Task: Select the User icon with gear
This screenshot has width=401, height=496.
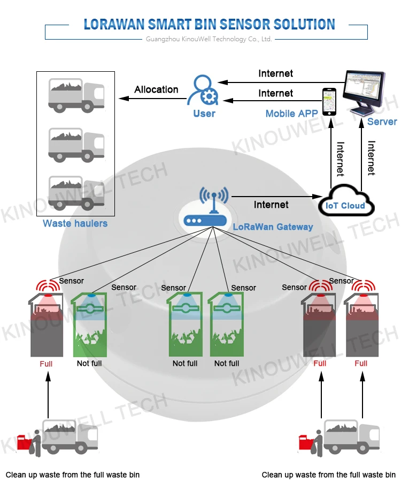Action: point(203,90)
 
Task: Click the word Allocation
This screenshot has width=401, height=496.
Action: point(156,89)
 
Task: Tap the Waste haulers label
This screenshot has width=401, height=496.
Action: point(75,223)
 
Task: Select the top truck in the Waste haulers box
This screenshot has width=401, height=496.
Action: point(76,94)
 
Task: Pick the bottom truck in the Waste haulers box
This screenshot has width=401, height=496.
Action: point(76,192)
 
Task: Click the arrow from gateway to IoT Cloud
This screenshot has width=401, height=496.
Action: point(278,196)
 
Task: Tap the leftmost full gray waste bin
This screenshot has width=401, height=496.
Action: point(47,327)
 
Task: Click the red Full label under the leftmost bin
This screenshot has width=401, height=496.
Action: point(46,364)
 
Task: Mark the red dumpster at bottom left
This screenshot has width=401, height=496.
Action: point(24,442)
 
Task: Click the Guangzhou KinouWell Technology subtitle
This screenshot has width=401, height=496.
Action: point(209,39)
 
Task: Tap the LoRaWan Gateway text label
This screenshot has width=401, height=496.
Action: point(273,227)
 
